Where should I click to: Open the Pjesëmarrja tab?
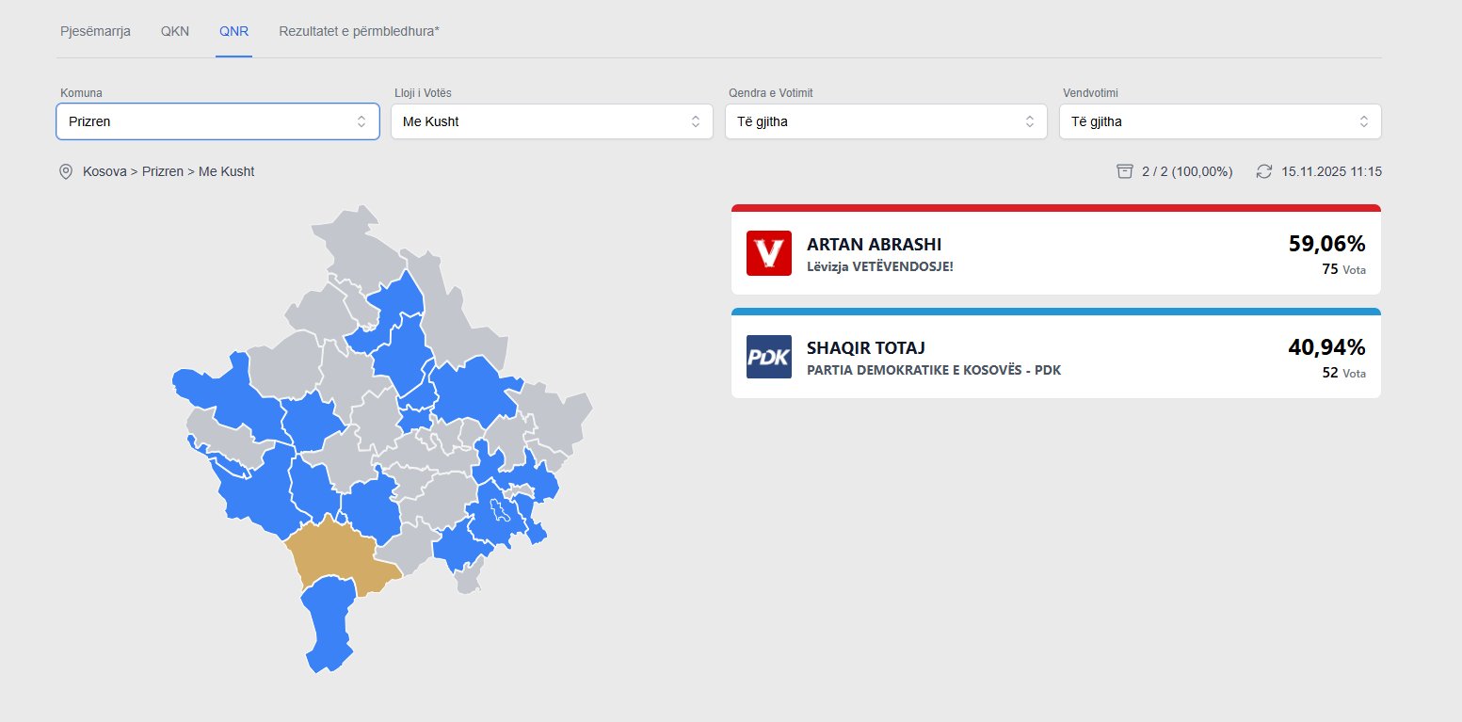95,31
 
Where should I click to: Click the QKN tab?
175,31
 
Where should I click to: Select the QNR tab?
233,31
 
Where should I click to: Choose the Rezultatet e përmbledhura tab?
359,31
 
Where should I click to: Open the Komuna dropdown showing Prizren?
217,121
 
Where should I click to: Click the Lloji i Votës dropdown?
552,121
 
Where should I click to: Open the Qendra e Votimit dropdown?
886,121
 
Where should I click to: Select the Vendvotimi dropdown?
1220,121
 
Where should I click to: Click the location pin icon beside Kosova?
66,171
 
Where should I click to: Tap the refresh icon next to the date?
1264,171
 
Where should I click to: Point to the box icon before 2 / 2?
1124,171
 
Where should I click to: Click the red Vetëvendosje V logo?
768,253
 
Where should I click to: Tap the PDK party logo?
768,357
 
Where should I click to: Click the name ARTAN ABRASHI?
874,244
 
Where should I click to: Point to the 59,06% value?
1326,244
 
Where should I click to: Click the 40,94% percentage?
1326,347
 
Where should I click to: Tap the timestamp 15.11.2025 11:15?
1331,171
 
